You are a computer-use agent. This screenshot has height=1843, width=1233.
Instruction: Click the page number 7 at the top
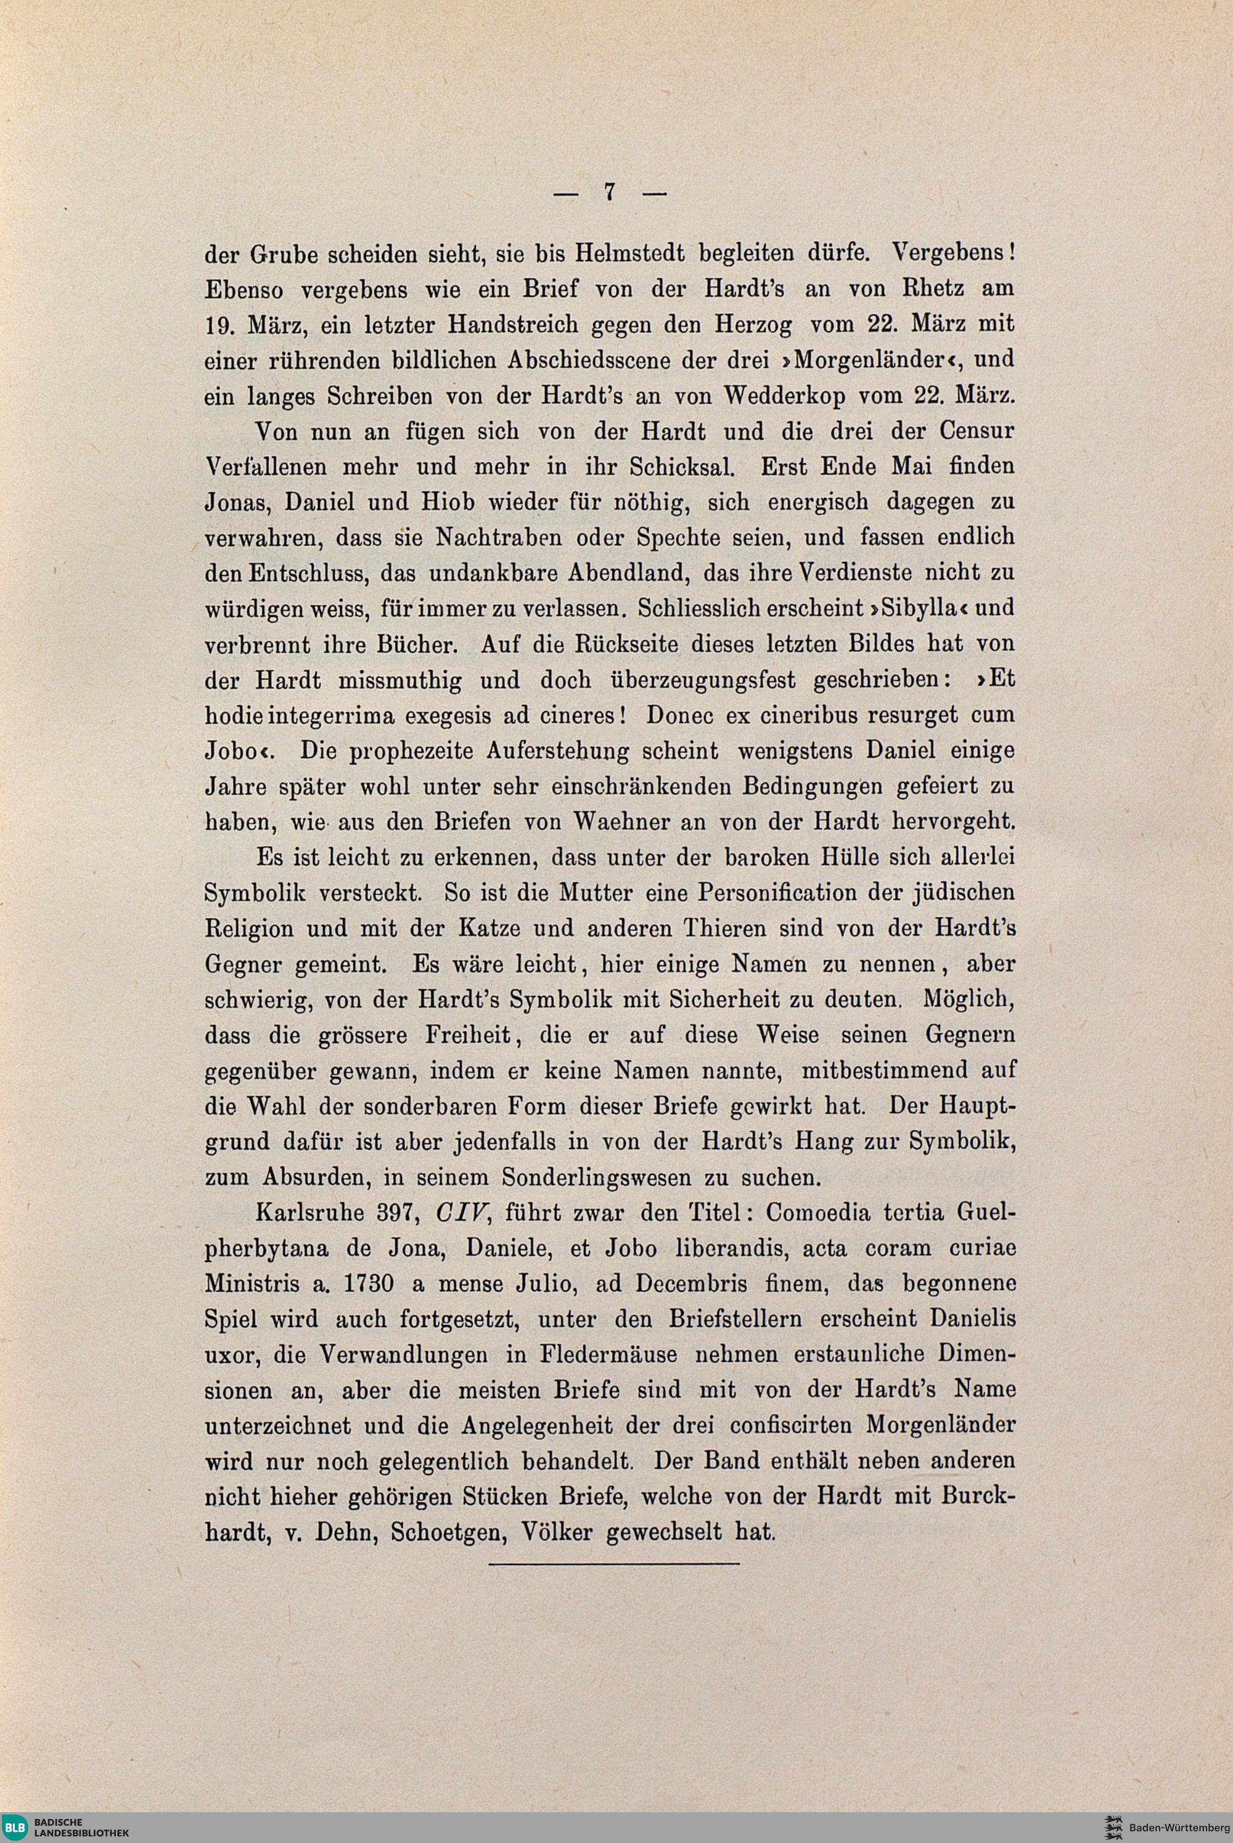(608, 192)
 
